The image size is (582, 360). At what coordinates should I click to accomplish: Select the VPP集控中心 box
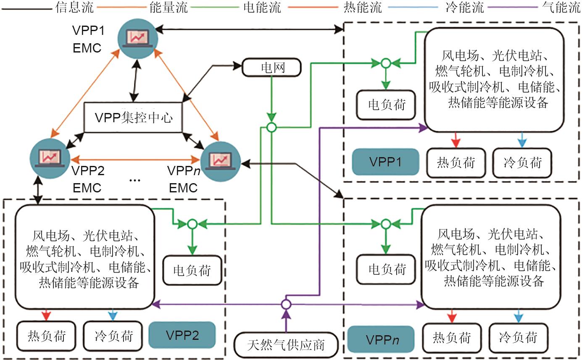point(133,118)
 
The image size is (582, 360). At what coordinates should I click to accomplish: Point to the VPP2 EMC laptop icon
point(50,156)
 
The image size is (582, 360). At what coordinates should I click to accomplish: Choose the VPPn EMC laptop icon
point(220,160)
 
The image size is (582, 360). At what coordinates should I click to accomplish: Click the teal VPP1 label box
point(385,162)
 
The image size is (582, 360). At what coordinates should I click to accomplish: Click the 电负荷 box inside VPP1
point(386,104)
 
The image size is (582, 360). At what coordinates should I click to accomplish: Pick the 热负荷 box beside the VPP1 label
point(456,162)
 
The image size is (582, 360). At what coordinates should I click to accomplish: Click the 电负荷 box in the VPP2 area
point(192,270)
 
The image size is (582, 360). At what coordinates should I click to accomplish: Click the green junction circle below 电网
point(272,127)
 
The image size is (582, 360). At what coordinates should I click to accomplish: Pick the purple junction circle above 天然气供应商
point(286,304)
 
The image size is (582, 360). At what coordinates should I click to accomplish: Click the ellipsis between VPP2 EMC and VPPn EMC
point(135,180)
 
